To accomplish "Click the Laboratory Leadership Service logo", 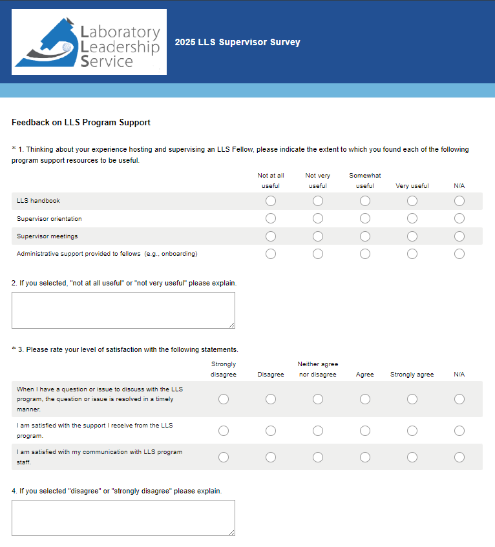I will tap(89, 42).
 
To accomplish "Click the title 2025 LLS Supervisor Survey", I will tap(237, 43).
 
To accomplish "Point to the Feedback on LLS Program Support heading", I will tap(81, 122).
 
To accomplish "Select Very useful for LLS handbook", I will tap(412, 201).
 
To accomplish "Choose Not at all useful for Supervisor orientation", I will tap(271, 218).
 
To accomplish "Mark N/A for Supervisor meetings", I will tap(459, 236).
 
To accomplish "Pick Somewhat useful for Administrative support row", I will tap(365, 254).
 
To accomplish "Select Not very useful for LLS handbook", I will tap(318, 201).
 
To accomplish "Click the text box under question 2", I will tap(123, 310).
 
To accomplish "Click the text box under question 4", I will tap(123, 517).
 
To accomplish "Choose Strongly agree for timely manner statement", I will tap(412, 399).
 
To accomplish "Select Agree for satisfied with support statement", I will tap(365, 430).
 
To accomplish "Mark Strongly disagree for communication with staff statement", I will tap(224, 457).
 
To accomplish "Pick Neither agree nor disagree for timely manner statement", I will tap(318, 399).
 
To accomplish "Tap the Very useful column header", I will tap(412, 186).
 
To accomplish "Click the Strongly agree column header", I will tap(412, 375).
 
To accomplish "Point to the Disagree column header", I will tap(271, 375).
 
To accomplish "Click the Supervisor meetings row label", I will tap(47, 236).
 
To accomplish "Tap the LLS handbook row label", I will tap(38, 201).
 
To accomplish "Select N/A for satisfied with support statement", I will tap(459, 430).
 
